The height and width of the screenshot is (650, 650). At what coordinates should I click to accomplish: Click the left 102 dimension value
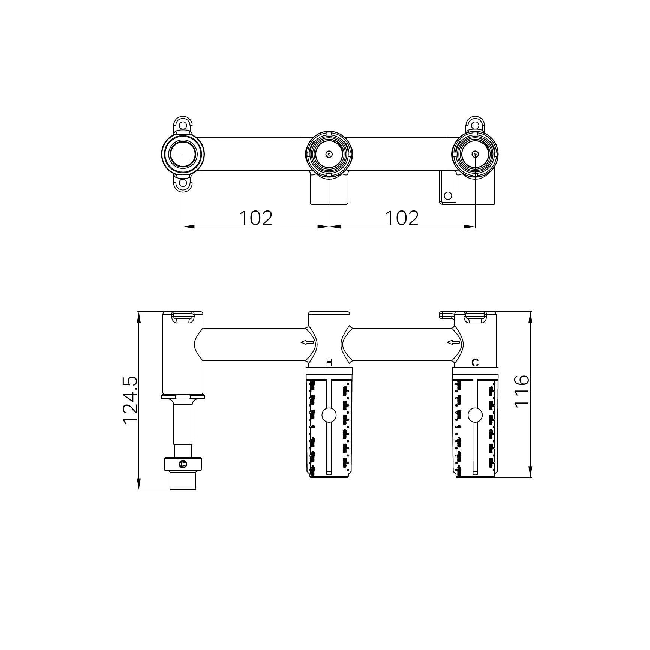tap(255, 218)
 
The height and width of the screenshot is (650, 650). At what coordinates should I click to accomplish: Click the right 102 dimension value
tap(402, 218)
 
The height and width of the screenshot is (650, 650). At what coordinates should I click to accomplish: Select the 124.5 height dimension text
tap(131, 401)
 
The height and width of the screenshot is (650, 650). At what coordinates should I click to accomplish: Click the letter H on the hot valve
tap(329, 362)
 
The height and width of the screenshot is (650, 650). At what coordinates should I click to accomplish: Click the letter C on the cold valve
tap(475, 362)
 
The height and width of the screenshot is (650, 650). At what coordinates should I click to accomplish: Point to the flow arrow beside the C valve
tap(453, 342)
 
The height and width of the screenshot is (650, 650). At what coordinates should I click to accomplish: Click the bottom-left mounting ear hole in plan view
tap(183, 183)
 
